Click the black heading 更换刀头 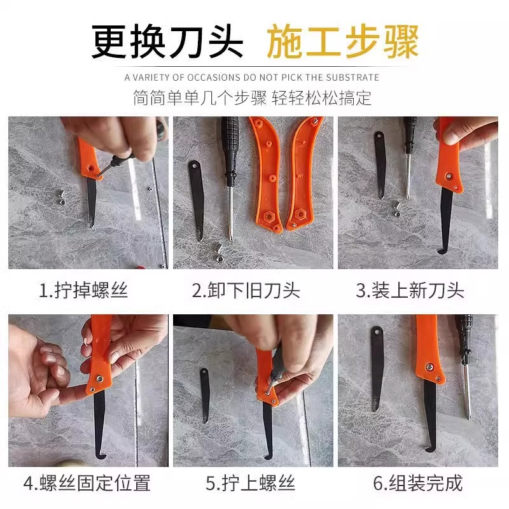coord(167,41)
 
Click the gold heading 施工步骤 coord(342,41)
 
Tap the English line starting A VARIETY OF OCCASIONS coord(252,78)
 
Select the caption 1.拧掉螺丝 coord(83,291)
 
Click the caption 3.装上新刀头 coord(410,291)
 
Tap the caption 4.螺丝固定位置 coord(87,483)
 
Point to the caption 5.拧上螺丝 coord(250,483)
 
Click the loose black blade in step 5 coord(205,394)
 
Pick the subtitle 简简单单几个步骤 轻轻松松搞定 coord(252,99)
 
